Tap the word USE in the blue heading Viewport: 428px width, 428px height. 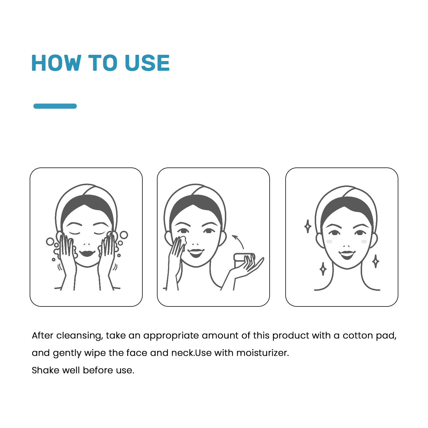click(x=147, y=63)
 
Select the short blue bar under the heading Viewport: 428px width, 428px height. click(x=55, y=106)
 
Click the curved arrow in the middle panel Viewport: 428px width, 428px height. click(x=239, y=241)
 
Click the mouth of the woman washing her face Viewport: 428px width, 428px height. click(x=87, y=253)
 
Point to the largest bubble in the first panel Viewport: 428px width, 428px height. click(x=124, y=235)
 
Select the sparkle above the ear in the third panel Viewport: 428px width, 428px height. click(x=308, y=226)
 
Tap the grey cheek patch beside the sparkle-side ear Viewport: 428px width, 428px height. click(x=329, y=242)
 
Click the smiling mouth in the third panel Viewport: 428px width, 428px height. click(x=347, y=254)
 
